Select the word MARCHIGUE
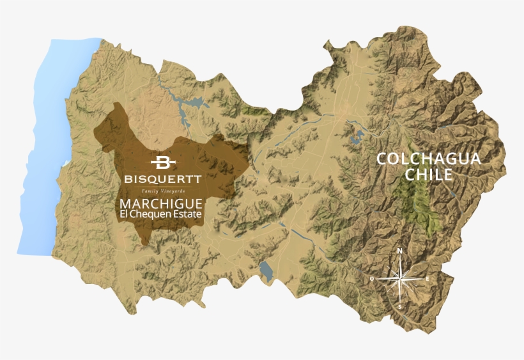(162, 203)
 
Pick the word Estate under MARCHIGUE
(190, 214)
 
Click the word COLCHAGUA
(428, 159)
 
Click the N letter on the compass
(400, 251)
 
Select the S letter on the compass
(400, 308)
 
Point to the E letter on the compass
(428, 279)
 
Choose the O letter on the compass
(372, 279)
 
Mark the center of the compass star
(400, 279)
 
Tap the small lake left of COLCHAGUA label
(356, 136)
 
